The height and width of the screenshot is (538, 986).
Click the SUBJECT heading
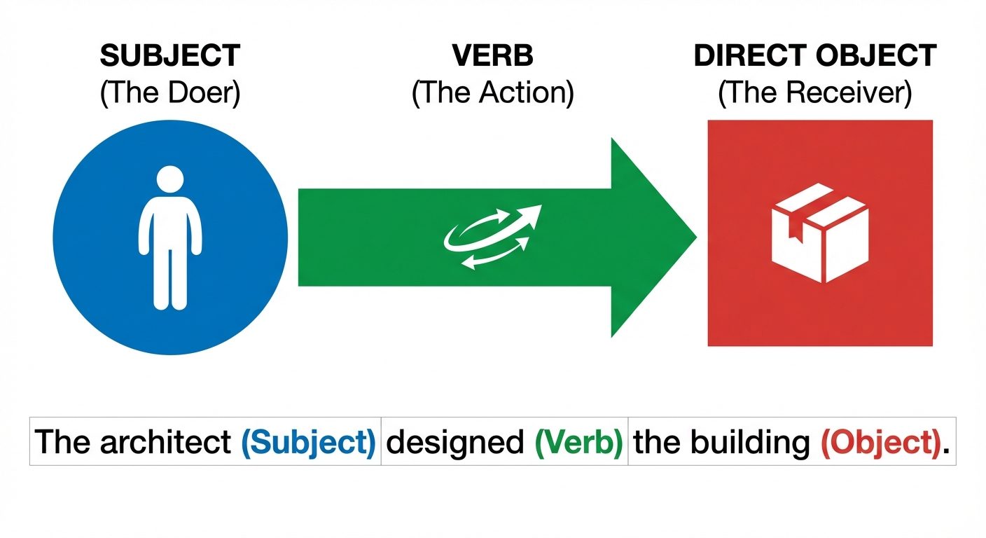coord(170,56)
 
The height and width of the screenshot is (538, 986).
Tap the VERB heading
coord(492,56)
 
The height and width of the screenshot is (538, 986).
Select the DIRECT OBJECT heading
coord(815,56)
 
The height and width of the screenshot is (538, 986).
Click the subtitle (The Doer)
coord(170,92)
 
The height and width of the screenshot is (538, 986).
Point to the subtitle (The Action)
coord(492,92)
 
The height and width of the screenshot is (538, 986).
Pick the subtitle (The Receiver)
coord(815,92)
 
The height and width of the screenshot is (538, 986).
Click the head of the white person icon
coord(170,180)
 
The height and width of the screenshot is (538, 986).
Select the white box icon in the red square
coord(819,233)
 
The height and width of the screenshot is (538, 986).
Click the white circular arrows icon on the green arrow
coord(493,237)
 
